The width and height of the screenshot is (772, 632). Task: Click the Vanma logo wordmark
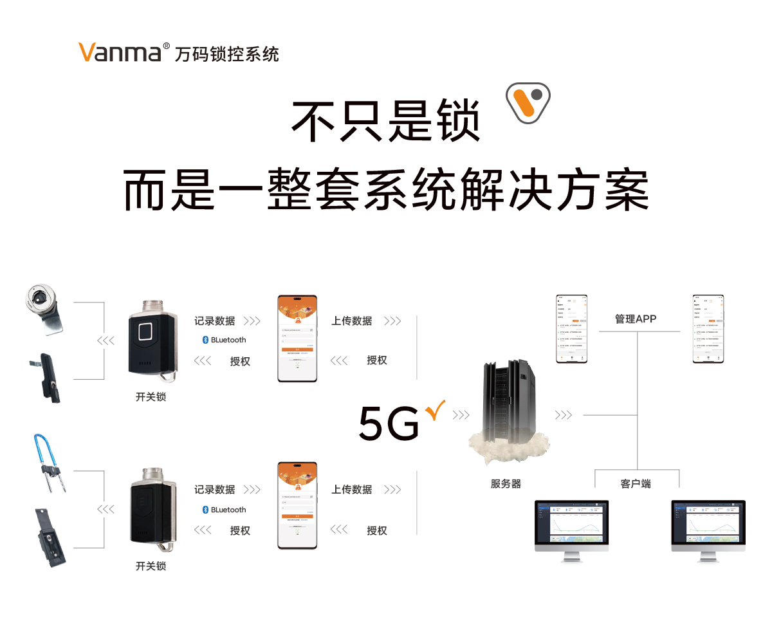click(x=120, y=52)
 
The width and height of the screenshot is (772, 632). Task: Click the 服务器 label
click(x=506, y=484)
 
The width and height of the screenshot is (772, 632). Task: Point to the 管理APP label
click(x=636, y=319)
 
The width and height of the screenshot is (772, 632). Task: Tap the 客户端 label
click(x=636, y=484)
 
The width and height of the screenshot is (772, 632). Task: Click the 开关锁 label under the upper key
click(x=151, y=397)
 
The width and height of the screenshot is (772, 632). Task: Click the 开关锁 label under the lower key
click(x=151, y=566)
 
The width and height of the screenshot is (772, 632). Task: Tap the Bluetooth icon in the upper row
click(x=206, y=340)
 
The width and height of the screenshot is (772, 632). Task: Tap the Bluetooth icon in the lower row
click(x=206, y=510)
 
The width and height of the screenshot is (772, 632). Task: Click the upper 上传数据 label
click(x=352, y=321)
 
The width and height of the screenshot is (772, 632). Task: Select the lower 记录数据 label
click(x=215, y=490)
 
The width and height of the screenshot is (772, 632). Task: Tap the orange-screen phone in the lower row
click(x=297, y=505)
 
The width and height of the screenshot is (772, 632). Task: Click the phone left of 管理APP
click(x=572, y=329)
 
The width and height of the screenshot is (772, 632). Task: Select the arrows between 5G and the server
click(x=461, y=415)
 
